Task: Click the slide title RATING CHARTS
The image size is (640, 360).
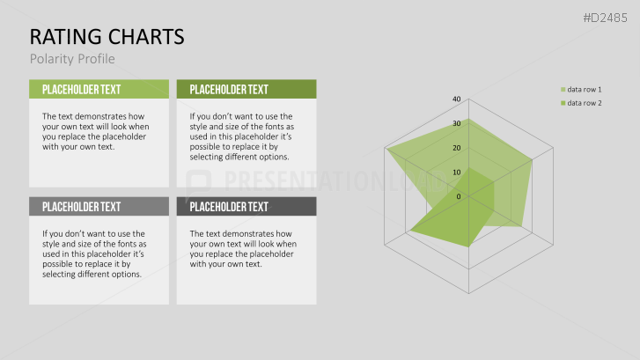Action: tap(107, 37)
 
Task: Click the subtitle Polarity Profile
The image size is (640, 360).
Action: tap(72, 59)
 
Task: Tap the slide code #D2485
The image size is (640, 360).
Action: tap(606, 18)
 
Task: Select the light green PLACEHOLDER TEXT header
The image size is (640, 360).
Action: tap(99, 89)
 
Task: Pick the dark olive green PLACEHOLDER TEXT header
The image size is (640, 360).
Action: tap(246, 89)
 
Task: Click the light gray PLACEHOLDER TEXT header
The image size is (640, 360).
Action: tap(99, 206)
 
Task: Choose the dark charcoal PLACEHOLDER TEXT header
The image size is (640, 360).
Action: tap(246, 206)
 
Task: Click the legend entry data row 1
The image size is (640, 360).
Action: tap(581, 90)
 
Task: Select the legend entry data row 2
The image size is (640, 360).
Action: tap(581, 103)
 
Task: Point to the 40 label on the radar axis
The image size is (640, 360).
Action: tap(456, 99)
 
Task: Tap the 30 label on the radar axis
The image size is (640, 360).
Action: tap(456, 123)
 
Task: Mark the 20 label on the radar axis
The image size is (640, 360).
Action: tap(456, 148)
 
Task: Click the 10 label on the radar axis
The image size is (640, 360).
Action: tap(456, 173)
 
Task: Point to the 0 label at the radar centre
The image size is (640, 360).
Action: tap(459, 197)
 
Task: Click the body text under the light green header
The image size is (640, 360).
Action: tap(95, 131)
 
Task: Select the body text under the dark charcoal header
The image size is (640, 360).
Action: tap(243, 248)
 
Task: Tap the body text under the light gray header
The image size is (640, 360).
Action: tap(94, 253)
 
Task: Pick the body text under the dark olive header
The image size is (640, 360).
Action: tap(241, 136)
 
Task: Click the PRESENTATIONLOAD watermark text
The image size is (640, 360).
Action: tap(335, 180)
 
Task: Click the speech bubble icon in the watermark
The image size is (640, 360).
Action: tap(198, 184)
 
